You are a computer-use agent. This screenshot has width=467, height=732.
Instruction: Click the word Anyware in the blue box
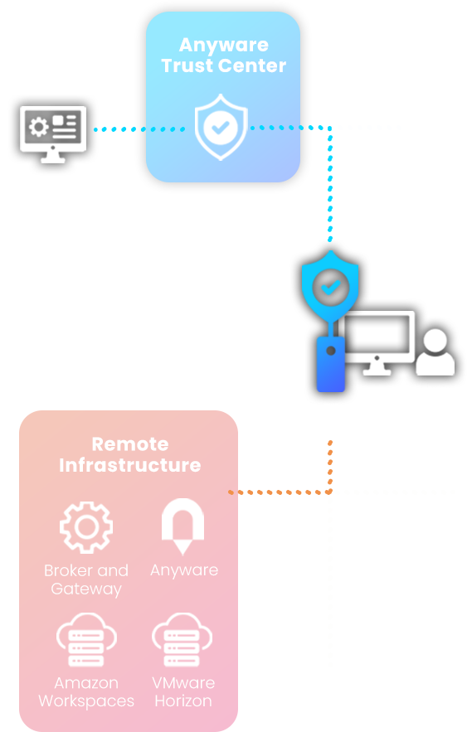(x=224, y=46)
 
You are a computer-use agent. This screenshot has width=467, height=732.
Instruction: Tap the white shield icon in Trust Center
(x=221, y=127)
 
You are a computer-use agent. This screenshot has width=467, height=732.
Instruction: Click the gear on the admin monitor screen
(x=38, y=127)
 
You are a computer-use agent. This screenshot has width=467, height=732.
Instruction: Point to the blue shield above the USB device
(x=330, y=285)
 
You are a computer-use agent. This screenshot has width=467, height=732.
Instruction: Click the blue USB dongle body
(x=331, y=363)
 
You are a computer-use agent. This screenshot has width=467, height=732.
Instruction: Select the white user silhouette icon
(x=435, y=352)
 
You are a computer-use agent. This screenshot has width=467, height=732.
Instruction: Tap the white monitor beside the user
(x=377, y=342)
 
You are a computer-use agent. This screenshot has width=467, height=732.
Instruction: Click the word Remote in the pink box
(x=130, y=444)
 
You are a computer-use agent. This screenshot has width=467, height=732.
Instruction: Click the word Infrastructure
(x=130, y=465)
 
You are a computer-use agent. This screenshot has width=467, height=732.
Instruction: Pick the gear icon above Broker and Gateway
(x=86, y=527)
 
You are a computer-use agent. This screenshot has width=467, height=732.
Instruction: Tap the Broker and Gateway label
(x=86, y=579)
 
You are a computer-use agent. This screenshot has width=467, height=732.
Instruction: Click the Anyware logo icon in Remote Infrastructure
(x=182, y=526)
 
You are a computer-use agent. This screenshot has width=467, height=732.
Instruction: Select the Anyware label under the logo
(x=184, y=570)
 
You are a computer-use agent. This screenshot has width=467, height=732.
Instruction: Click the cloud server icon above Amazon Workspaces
(x=86, y=638)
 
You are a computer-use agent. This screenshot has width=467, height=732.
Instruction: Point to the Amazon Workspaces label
(x=86, y=692)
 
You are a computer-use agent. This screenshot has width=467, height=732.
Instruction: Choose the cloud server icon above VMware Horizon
(x=182, y=638)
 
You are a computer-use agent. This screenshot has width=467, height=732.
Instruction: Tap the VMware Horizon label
(x=183, y=692)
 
